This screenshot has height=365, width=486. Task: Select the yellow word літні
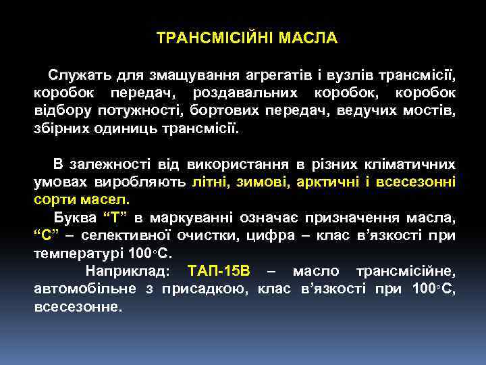pos(211,182)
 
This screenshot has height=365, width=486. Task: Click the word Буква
pos(75,218)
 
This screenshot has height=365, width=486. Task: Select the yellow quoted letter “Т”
pos(115,218)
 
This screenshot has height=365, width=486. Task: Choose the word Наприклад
pos(128,272)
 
